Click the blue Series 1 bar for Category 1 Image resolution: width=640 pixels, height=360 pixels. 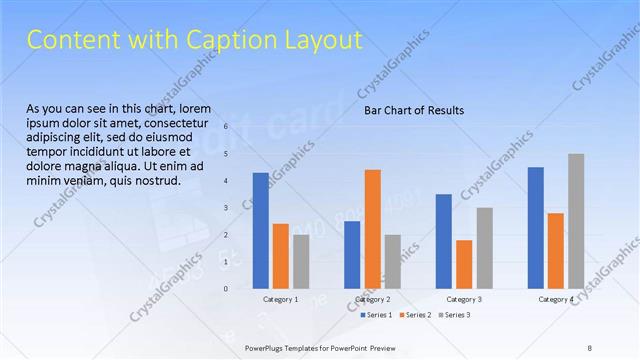261,230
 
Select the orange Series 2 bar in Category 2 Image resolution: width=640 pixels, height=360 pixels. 372,229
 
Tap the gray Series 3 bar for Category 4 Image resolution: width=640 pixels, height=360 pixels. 576,221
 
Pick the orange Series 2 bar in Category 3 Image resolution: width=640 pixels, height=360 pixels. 464,264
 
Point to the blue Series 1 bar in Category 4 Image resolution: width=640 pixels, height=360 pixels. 536,227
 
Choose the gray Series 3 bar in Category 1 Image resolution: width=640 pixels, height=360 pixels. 301,261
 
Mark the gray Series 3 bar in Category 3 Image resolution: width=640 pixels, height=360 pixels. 484,248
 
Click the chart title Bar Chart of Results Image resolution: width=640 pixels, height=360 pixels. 413,111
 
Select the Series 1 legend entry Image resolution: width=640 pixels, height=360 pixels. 376,315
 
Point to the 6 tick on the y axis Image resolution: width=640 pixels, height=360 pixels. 227,126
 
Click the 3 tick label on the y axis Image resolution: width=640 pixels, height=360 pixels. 227,207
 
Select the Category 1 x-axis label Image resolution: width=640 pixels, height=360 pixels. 281,299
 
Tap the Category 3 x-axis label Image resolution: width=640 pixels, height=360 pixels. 464,299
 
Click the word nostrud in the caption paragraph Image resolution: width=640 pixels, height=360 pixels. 155,181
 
